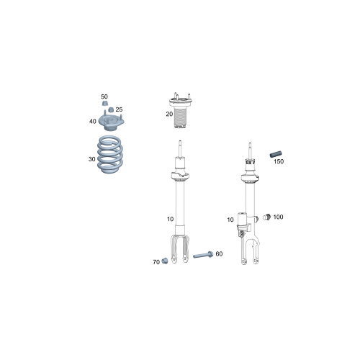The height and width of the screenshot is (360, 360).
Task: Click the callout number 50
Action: pyautogui.click(x=104, y=96)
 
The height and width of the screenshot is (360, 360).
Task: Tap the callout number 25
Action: pyautogui.click(x=119, y=109)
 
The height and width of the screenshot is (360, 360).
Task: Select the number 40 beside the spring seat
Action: pyautogui.click(x=93, y=121)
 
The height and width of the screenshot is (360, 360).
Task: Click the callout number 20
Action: pyautogui.click(x=169, y=114)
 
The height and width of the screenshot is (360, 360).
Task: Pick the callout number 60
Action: pyautogui.click(x=219, y=253)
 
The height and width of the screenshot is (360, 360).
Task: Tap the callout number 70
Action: pyautogui.click(x=156, y=262)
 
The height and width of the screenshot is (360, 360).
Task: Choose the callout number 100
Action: pyautogui.click(x=278, y=217)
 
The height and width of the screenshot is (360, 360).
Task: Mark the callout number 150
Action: pyautogui.click(x=279, y=161)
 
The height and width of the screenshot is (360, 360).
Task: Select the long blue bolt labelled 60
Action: pyautogui.click(x=201, y=256)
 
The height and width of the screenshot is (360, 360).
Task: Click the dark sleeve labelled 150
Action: pyautogui.click(x=273, y=153)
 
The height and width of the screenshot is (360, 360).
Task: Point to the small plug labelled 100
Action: pyautogui.click(x=266, y=216)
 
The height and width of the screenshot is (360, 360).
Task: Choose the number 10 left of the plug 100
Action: pyautogui.click(x=230, y=219)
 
